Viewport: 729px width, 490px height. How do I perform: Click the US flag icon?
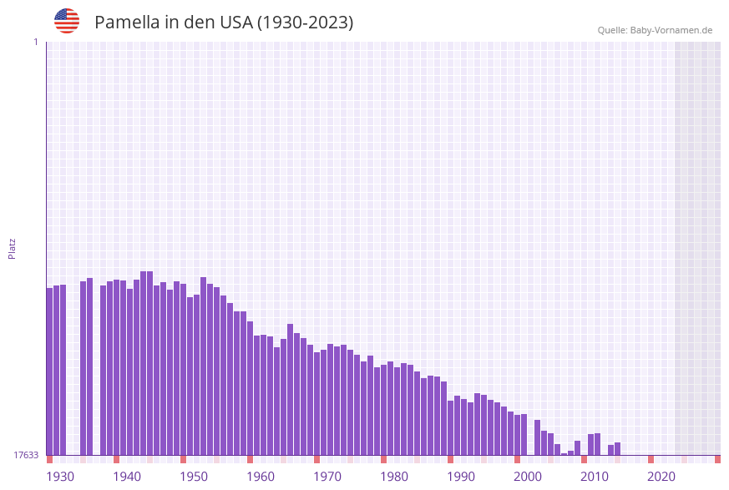click(67, 21)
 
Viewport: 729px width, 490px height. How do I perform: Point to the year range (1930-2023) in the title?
click(305, 23)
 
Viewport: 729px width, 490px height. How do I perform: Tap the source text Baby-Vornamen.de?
click(671, 30)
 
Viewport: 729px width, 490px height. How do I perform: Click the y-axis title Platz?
click(13, 248)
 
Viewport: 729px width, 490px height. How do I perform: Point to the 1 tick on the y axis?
click(35, 42)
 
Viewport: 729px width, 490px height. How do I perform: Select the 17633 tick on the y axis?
click(26, 455)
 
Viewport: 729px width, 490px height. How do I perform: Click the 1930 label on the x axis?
click(60, 477)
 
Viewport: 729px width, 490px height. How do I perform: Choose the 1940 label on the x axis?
click(127, 477)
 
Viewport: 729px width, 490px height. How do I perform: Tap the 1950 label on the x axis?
click(194, 477)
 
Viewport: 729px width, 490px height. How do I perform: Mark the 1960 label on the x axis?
click(261, 477)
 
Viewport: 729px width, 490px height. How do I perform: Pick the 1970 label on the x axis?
click(327, 477)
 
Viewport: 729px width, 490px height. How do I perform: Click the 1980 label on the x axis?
click(394, 477)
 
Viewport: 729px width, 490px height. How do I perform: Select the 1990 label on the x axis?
click(461, 477)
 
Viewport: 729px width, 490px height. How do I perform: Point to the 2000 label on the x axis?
click(528, 477)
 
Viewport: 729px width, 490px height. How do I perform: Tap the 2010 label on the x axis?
click(595, 477)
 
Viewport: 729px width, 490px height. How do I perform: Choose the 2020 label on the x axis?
click(661, 477)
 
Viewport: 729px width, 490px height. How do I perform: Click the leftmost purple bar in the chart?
click(49, 371)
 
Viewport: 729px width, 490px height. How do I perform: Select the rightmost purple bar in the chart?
click(617, 449)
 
